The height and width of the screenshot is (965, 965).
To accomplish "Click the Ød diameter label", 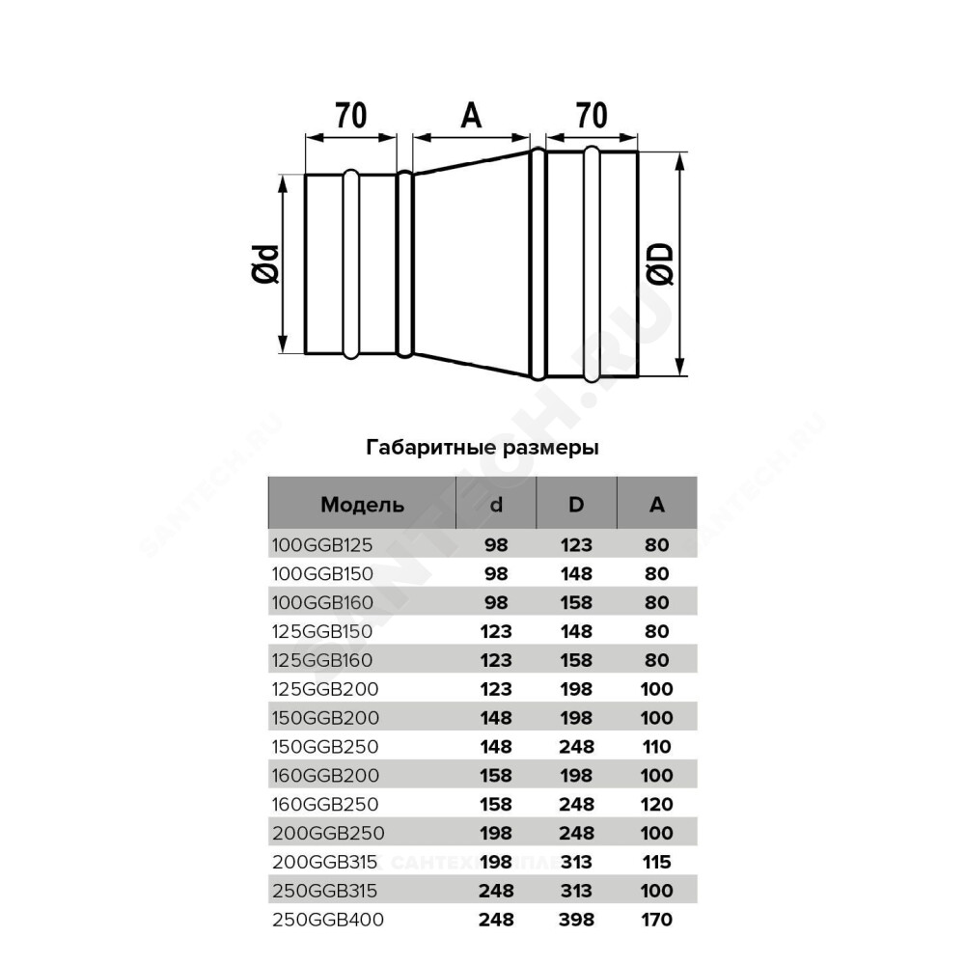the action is point(266,264).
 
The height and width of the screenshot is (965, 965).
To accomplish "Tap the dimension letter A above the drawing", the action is point(471,115).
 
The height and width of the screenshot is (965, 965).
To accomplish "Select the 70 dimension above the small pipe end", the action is point(351,115).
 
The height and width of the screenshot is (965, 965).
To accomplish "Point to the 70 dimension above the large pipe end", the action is point(592,115).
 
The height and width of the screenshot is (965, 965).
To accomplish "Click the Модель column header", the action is point(362,506).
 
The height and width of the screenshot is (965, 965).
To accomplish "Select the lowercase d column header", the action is point(496,505).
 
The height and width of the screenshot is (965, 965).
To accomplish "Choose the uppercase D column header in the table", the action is point(576,505).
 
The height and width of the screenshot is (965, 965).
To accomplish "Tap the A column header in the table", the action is point(656,505).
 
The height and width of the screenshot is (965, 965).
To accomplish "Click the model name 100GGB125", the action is point(322,544).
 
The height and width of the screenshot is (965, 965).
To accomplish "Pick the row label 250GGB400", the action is point(328,920).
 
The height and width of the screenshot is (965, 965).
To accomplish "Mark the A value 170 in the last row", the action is point(656,920).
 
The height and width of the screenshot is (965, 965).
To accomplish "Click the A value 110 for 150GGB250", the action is point(656,747).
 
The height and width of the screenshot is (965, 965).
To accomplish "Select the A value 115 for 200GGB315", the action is point(656,862).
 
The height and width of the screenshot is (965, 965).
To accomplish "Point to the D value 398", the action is point(577,920).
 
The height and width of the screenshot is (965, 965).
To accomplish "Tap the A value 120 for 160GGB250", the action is point(656,805).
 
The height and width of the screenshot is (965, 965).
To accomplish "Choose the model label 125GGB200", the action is point(325,689).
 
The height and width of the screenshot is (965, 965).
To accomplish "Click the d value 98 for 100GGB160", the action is point(496,602).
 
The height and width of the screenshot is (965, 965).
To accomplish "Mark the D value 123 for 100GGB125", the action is point(577,544).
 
